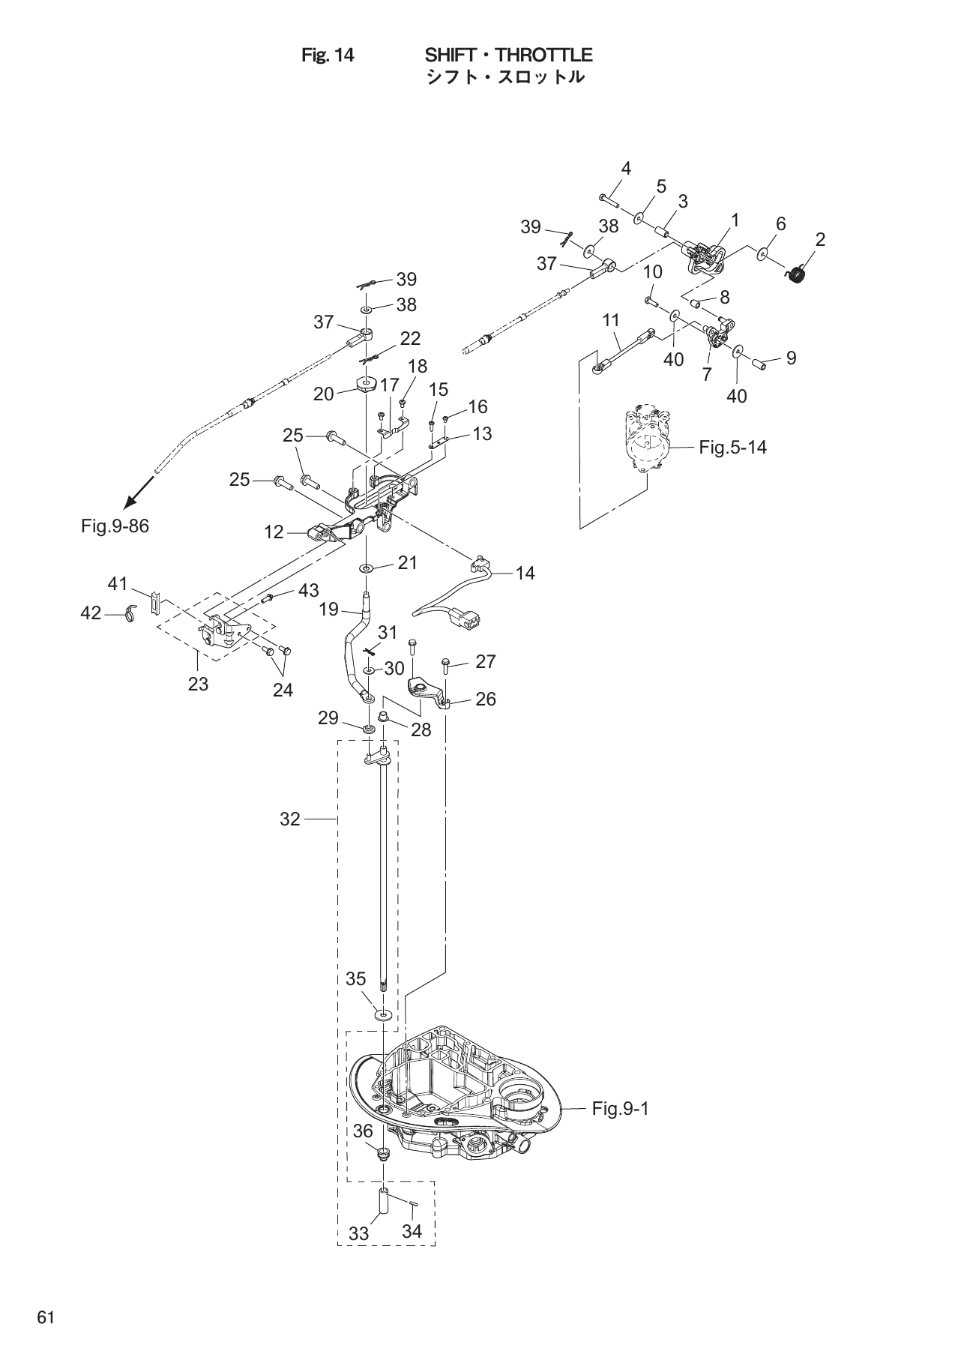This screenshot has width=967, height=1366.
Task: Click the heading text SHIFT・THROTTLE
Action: (508, 55)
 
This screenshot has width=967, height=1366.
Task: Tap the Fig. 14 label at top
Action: (327, 55)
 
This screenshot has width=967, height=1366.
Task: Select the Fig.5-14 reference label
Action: (732, 448)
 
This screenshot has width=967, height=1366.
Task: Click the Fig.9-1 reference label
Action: (619, 1108)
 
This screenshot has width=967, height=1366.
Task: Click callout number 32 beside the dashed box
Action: (290, 819)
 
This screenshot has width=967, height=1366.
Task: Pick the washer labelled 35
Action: (383, 1015)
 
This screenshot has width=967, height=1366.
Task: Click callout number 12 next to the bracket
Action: (274, 532)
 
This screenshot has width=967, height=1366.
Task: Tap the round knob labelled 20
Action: (366, 385)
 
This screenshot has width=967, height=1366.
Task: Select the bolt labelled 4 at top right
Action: (608, 199)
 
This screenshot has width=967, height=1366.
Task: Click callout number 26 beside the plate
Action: (486, 699)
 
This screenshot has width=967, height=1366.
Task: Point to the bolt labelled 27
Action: (446, 664)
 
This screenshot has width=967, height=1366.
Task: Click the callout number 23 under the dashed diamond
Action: (198, 684)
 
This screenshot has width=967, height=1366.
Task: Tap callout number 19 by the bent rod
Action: (328, 610)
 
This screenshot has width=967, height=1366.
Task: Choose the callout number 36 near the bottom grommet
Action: (364, 1131)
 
